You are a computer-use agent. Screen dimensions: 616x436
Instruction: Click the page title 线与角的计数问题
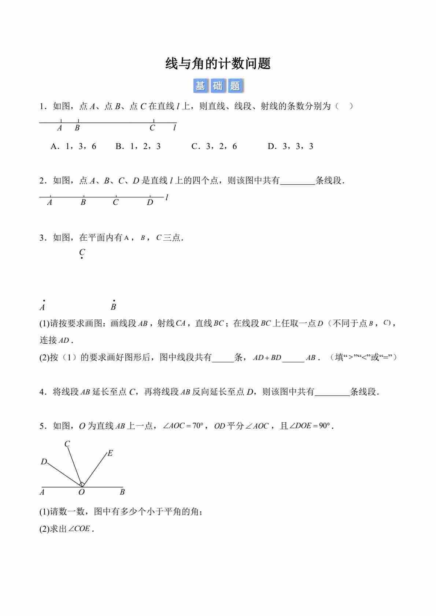coord(218,64)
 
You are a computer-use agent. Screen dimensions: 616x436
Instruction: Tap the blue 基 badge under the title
coord(200,86)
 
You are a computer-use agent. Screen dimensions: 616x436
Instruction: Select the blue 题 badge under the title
coord(235,86)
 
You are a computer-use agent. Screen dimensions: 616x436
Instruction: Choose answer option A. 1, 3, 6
coord(73,146)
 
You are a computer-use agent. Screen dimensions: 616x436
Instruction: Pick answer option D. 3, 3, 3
coord(291,146)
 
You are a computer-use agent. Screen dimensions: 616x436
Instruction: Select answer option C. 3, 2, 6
coord(214,146)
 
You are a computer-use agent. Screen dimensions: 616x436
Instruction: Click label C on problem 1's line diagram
coord(152,128)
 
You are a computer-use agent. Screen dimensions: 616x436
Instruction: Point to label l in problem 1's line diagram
coord(174,128)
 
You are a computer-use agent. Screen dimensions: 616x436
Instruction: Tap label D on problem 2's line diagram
coord(150,203)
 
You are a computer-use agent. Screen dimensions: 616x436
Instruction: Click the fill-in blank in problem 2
coord(298,181)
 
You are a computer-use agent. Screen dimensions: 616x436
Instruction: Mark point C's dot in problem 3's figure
coord(81,259)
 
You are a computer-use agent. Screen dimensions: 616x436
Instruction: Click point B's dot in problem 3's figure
coord(114,300)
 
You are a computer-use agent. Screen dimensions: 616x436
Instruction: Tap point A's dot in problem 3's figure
coord(44,300)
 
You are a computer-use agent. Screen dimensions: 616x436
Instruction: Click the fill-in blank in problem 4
coord(332,393)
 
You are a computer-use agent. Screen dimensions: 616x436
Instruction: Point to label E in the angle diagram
coord(110,453)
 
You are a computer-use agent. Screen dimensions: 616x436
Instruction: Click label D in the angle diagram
coord(44,462)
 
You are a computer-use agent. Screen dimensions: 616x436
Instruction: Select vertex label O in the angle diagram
coord(81,493)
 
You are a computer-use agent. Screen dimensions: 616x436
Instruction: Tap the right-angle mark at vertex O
coord(82,484)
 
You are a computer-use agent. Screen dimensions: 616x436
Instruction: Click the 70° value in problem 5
coord(198,426)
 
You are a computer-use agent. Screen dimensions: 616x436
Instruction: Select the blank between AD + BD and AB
coord(293,358)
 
